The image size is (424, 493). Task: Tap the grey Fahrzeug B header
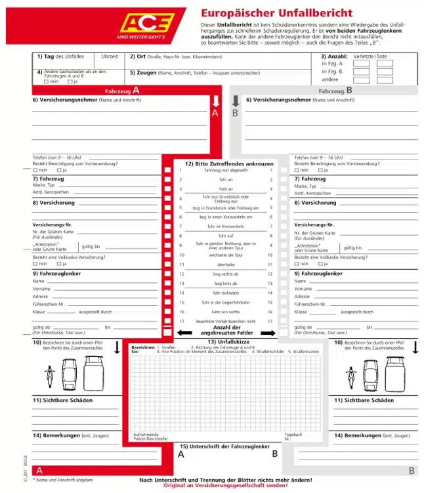335,91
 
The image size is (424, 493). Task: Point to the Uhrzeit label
110,57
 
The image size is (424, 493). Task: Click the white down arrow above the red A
215,101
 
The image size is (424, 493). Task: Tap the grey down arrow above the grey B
235,101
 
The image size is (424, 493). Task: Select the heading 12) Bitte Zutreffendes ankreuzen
229,163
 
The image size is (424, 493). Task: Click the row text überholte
226,264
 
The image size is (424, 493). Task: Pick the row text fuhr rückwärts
226,292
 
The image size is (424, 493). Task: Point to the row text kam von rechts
226,311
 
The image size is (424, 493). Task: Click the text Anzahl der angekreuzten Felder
227,330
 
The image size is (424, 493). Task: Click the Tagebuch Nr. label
293,436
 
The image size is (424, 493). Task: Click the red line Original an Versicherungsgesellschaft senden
226,486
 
